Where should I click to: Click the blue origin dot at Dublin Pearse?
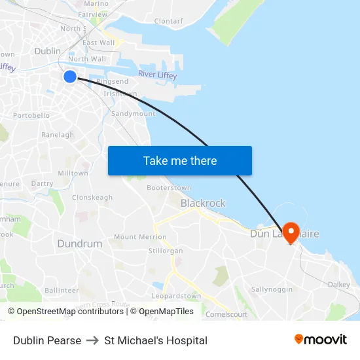point(70,77)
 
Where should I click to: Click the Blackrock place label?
point(203,203)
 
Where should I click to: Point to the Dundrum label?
point(80,243)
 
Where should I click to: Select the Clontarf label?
point(168,21)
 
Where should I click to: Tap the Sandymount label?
point(134,113)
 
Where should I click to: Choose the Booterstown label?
point(169,188)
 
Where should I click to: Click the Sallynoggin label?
point(272,289)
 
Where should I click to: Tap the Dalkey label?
point(338,285)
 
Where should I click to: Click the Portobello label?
point(31,115)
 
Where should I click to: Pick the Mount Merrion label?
point(140,237)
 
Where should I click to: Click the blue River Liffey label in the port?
point(157,75)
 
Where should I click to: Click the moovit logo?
point(320,339)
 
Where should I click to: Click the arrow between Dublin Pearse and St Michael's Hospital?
point(92,340)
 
